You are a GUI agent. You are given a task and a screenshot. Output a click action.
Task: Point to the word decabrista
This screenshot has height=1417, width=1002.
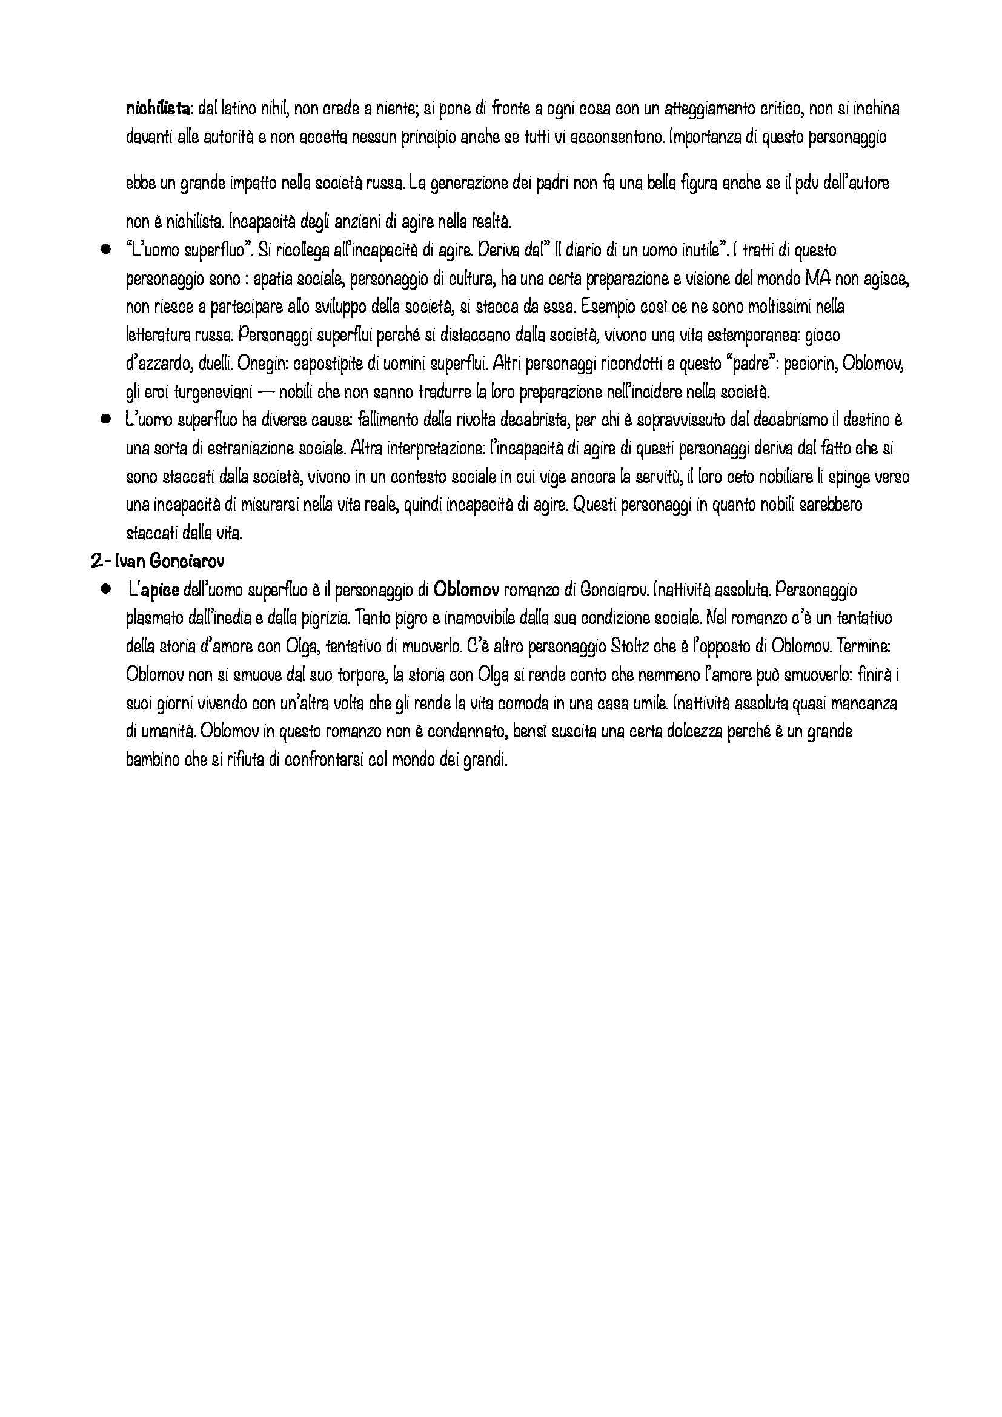[x=532, y=420]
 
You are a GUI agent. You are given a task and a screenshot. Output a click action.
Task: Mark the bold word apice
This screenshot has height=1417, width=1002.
[x=160, y=590]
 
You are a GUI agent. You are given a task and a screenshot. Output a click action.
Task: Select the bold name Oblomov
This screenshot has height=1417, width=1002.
[x=466, y=590]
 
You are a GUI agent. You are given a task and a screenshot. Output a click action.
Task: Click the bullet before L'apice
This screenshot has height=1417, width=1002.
[x=106, y=589]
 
